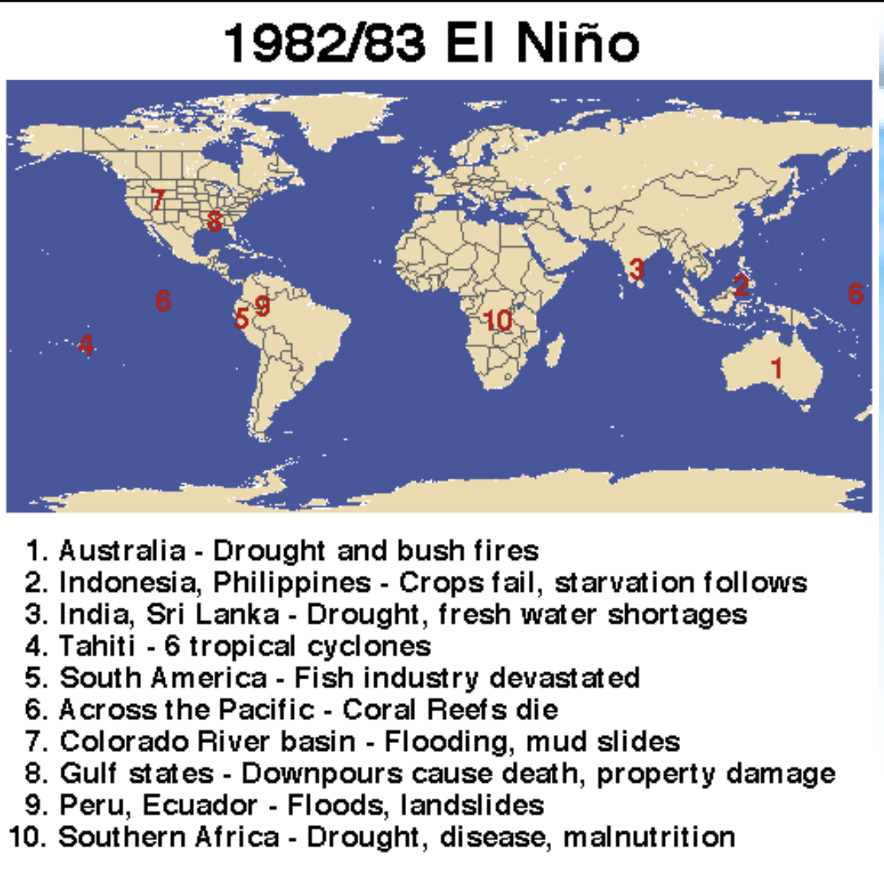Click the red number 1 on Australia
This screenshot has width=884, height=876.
pyautogui.click(x=776, y=367)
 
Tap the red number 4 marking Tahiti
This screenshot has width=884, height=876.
pyautogui.click(x=86, y=344)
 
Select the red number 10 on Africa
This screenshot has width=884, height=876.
pyautogui.click(x=498, y=320)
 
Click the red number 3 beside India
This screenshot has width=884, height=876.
pyautogui.click(x=636, y=269)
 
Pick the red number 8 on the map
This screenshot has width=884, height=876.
pyautogui.click(x=213, y=221)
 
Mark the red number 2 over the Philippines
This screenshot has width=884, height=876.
pyautogui.click(x=741, y=284)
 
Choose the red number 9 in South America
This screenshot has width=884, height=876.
pyautogui.click(x=262, y=305)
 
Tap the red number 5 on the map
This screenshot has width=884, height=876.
pyautogui.click(x=241, y=318)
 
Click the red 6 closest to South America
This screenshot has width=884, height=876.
pyautogui.click(x=163, y=300)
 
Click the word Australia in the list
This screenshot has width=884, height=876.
pyautogui.click(x=122, y=550)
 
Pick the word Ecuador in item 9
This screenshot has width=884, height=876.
pyautogui.click(x=199, y=805)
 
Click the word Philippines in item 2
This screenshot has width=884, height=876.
pyautogui.click(x=291, y=583)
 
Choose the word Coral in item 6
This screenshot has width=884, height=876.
pyautogui.click(x=381, y=710)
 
